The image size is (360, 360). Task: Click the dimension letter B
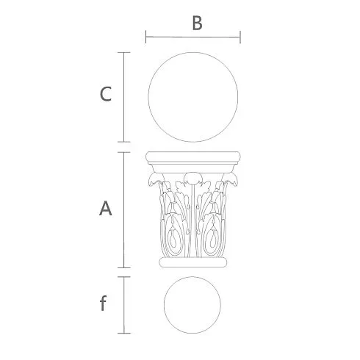197,24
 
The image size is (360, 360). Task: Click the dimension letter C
106,94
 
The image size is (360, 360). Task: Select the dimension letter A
106,209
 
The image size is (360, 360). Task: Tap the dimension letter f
103,303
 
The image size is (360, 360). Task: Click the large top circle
148,97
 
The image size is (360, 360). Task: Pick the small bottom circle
164,305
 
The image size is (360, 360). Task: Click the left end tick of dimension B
146,37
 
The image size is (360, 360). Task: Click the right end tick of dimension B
240,37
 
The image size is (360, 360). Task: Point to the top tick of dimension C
123,52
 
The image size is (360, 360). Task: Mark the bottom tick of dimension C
123,142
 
